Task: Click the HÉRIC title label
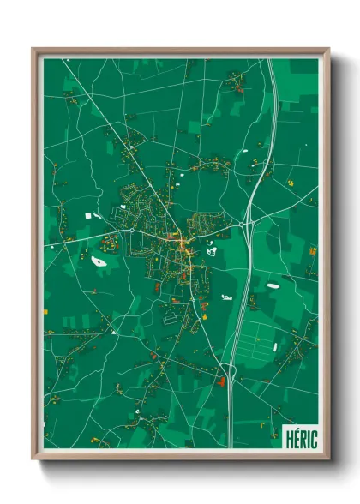click(x=301, y=438)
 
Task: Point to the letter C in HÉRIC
click(x=314, y=438)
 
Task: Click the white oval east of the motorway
click(x=273, y=285)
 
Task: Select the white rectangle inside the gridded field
click(x=273, y=348)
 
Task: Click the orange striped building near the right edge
click(x=312, y=252)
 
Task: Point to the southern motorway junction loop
click(x=227, y=370)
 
